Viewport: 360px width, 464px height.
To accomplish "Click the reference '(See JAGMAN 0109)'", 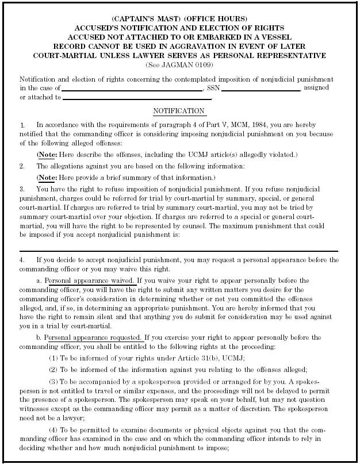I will (179, 64).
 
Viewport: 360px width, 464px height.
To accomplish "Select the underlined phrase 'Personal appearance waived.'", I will (90, 281).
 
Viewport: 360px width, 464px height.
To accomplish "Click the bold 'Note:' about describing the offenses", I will (47, 155).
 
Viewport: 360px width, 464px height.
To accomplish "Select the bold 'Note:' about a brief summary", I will (47, 177).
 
